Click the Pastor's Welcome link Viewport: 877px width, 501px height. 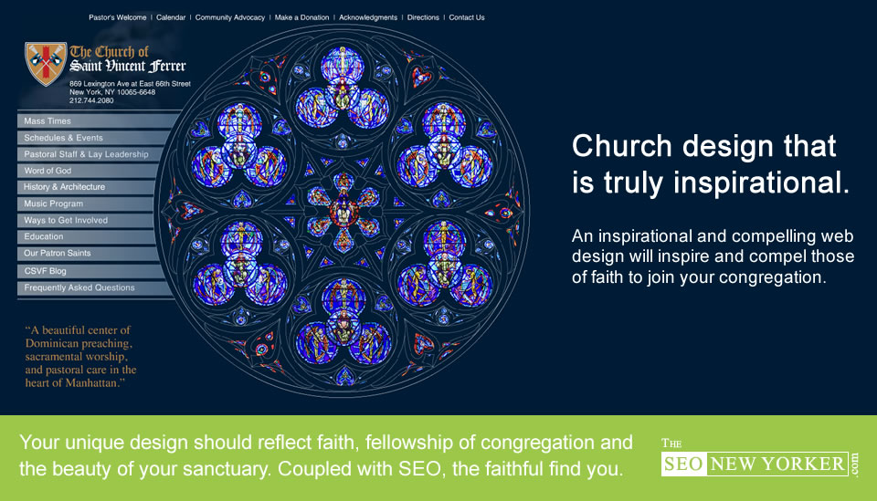click(x=118, y=17)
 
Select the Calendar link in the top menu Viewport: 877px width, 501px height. click(x=171, y=17)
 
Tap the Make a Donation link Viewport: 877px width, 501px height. click(x=301, y=17)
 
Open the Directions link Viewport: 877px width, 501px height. click(x=423, y=17)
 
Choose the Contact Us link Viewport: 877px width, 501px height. click(x=467, y=17)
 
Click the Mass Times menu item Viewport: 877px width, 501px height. click(x=48, y=120)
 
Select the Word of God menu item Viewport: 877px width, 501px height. click(x=48, y=171)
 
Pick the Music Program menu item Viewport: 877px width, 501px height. click(x=53, y=204)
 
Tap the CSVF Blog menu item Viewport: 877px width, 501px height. click(x=45, y=271)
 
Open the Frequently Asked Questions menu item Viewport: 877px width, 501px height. click(x=79, y=287)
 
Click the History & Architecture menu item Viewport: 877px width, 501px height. click(x=64, y=186)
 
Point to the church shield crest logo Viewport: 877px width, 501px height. click(x=46, y=63)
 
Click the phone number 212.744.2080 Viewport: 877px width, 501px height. click(x=91, y=100)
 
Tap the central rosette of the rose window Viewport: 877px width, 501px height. click(x=343, y=212)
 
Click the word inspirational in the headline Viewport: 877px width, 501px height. click(x=761, y=183)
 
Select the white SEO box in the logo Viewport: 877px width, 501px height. click(x=683, y=464)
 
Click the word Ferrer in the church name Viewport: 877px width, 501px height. click(x=167, y=66)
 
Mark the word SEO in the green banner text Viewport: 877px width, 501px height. click(x=419, y=468)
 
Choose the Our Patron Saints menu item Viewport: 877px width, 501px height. click(x=57, y=253)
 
